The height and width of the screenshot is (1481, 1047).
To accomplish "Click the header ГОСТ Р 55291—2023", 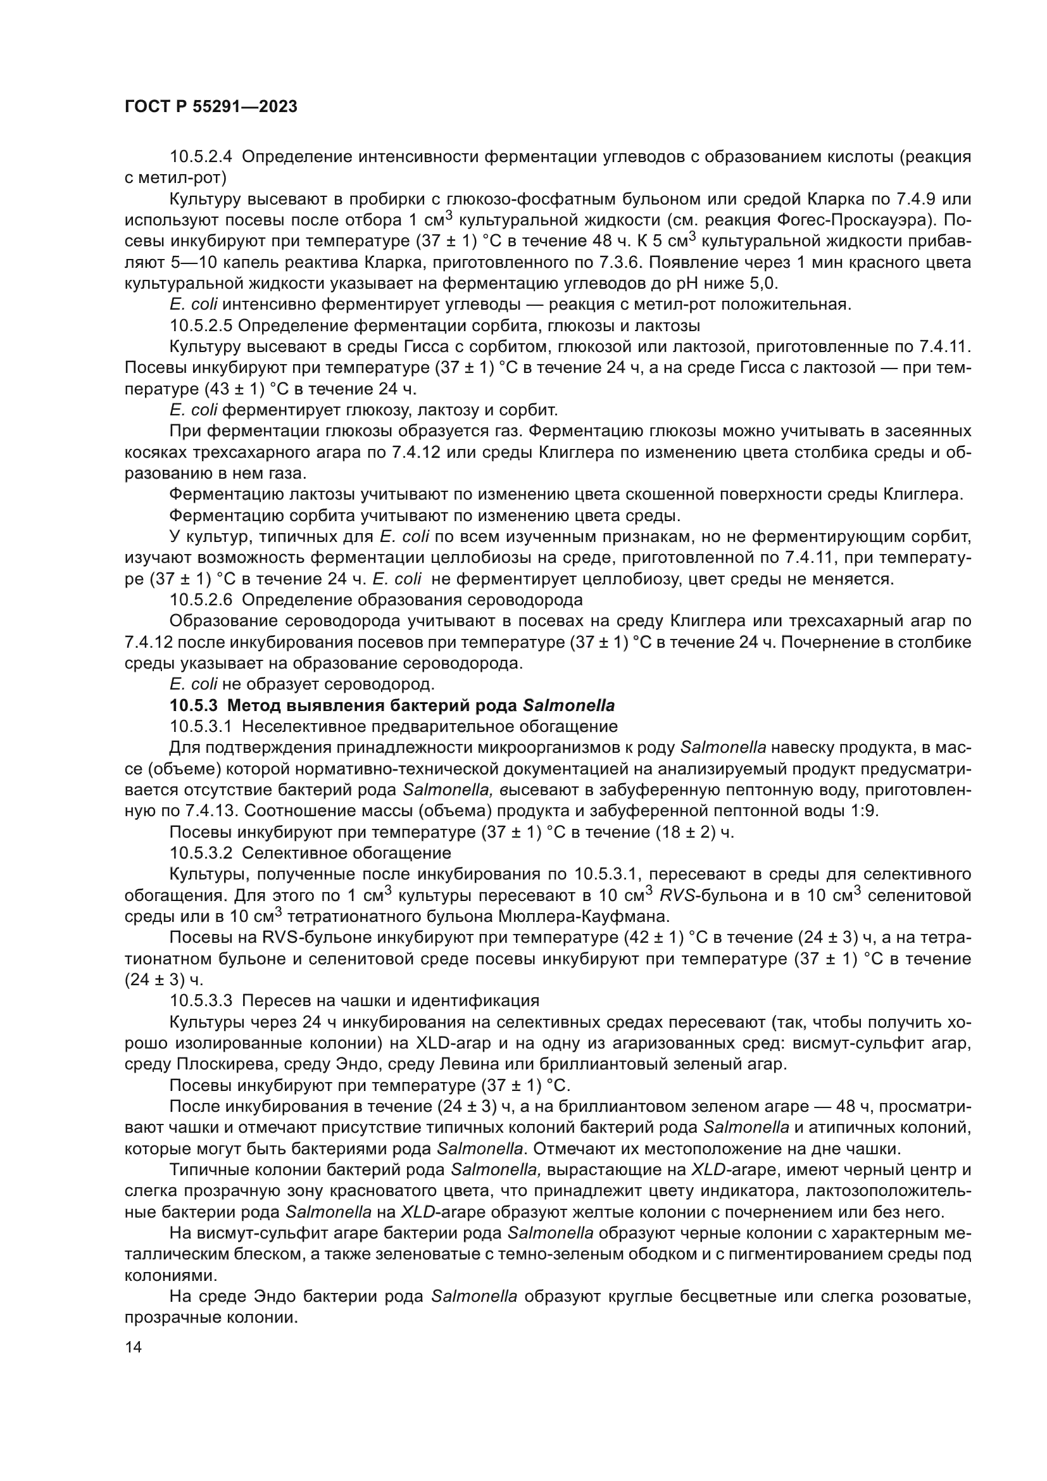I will (210, 107).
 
